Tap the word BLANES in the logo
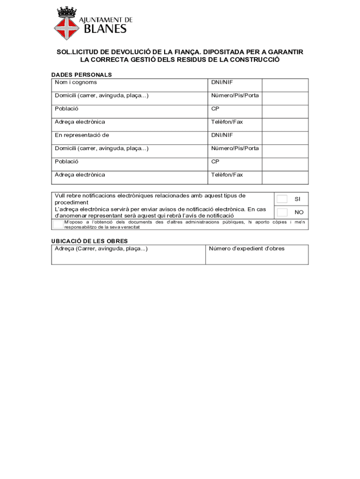click(105, 29)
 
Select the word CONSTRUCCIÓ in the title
click(254, 60)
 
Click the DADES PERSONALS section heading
click(81, 74)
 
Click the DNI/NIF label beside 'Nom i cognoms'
click(222, 82)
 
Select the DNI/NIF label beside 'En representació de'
click(222, 135)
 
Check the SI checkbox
click(282, 199)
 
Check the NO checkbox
click(282, 212)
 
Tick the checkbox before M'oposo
click(58, 225)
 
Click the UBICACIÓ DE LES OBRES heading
click(89, 241)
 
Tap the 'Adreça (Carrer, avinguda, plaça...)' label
click(101, 248)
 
